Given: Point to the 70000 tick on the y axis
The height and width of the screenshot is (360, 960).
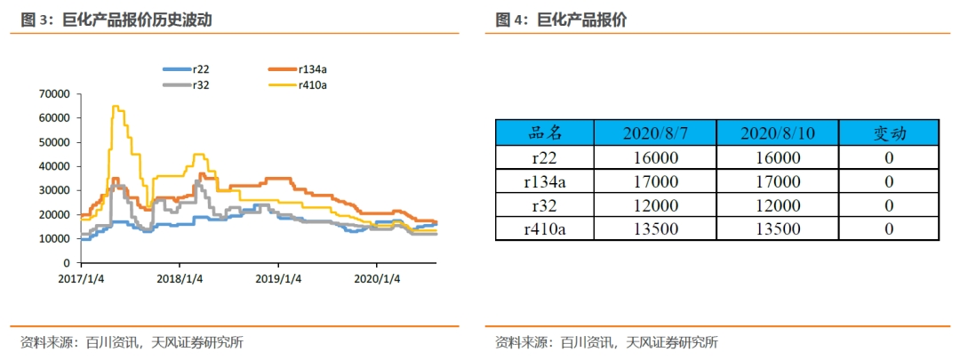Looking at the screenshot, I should tap(55, 93).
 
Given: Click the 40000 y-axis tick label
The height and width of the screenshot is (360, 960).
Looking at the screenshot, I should tap(55, 166).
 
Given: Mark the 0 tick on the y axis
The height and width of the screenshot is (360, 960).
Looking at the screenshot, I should tap(67, 263).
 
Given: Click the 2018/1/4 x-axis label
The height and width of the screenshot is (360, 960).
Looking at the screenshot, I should tap(180, 278).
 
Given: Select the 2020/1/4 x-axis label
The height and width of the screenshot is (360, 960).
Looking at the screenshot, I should tap(377, 278).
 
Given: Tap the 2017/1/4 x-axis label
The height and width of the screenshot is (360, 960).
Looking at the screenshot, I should tap(81, 278).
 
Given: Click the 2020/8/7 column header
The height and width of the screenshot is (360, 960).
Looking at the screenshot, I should tap(655, 133).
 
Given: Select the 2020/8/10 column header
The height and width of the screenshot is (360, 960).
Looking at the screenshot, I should tap(778, 133).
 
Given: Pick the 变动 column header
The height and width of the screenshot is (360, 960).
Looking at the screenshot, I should tap(889, 133).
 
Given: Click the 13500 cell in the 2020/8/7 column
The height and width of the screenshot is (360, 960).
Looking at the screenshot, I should tap(655, 228).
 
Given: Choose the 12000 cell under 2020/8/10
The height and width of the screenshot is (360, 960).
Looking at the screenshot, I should tap(778, 205).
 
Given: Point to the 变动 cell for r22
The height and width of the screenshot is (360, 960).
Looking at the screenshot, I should tap(889, 157).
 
